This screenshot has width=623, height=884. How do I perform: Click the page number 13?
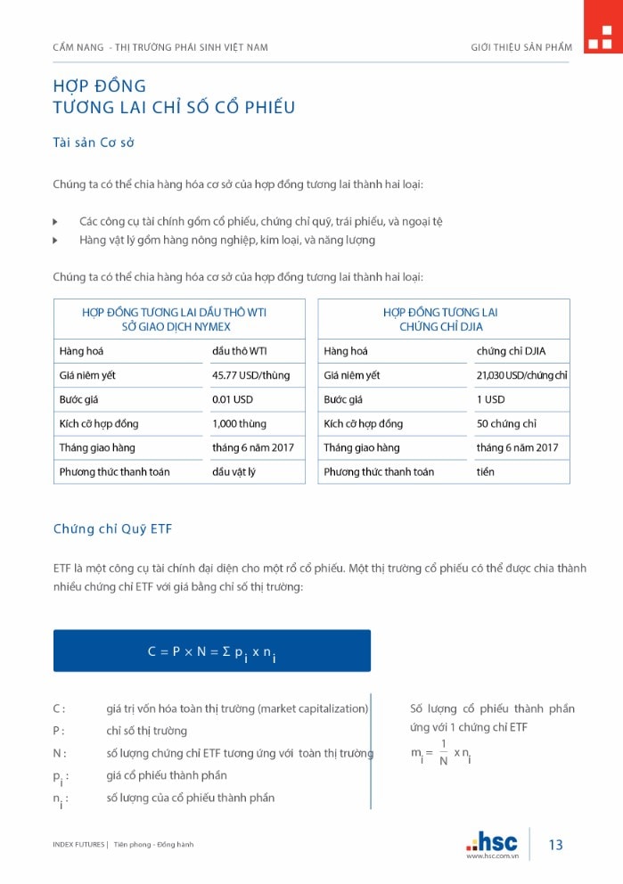pyautogui.click(x=555, y=845)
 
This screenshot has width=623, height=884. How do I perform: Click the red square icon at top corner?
pyautogui.click(x=603, y=27)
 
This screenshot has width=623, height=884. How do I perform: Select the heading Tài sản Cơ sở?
pyautogui.click(x=94, y=143)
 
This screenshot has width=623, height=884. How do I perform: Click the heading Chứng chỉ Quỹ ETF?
pyautogui.click(x=112, y=528)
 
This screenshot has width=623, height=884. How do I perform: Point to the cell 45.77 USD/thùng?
pyautogui.click(x=250, y=375)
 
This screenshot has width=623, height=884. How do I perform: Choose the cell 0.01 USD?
pyautogui.click(x=232, y=399)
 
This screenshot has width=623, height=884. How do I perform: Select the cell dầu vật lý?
pyautogui.click(x=234, y=471)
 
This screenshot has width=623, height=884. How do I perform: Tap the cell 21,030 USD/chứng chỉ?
pyautogui.click(x=521, y=375)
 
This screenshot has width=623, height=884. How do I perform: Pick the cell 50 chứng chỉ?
pyautogui.click(x=504, y=423)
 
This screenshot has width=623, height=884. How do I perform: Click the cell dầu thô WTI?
pyautogui.click(x=239, y=351)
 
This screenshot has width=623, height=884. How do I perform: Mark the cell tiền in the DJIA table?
pyautogui.click(x=485, y=471)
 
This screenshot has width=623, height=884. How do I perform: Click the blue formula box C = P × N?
pyautogui.click(x=211, y=651)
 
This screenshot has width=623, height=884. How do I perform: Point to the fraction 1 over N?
pyautogui.click(x=443, y=754)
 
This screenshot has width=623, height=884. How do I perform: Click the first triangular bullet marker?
pyautogui.click(x=55, y=221)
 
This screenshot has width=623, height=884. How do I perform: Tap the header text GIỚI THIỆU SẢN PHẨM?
pyautogui.click(x=521, y=47)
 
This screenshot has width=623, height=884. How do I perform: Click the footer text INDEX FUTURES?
pyautogui.click(x=78, y=844)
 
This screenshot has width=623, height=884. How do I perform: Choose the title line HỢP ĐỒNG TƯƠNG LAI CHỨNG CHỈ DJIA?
pyautogui.click(x=443, y=319)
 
